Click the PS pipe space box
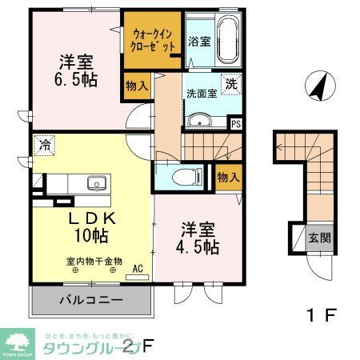[236, 123]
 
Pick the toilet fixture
[184, 176]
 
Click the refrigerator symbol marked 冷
[42, 147]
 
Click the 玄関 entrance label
[318, 238]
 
